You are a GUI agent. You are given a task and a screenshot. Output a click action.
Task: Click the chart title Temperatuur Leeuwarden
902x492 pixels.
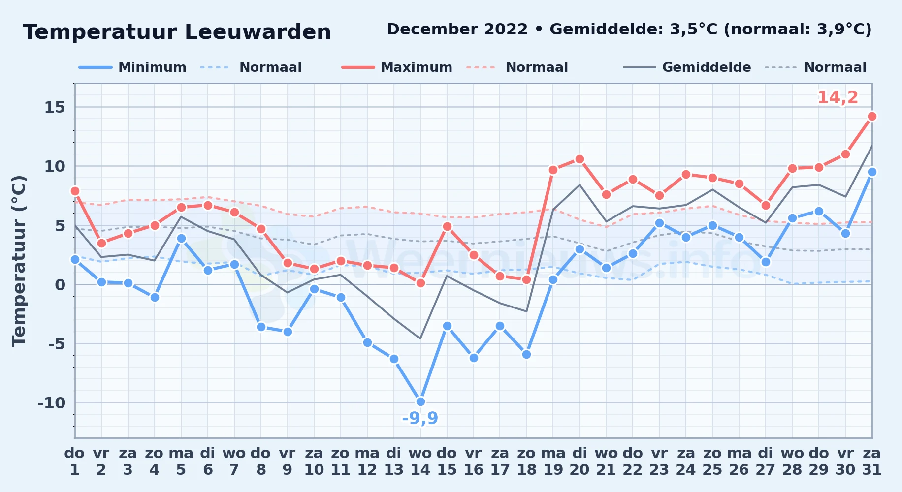[177, 32]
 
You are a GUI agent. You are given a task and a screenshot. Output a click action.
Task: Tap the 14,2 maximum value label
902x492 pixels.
[838, 97]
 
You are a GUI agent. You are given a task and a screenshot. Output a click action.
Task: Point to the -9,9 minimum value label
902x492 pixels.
[420, 418]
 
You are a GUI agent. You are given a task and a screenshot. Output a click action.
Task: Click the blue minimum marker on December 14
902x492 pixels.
[420, 401]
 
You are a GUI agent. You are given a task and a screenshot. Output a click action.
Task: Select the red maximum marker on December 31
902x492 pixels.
[872, 117]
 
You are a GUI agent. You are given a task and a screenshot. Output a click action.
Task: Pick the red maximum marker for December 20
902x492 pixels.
[580, 159]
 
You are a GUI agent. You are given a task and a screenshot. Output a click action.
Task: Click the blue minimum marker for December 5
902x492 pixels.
[181, 239]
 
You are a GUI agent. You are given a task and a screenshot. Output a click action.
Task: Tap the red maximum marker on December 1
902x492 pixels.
[75, 191]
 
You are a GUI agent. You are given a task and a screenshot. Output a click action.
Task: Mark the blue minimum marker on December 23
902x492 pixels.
[659, 223]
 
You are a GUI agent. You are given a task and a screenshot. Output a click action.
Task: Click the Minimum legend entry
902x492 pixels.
[132, 67]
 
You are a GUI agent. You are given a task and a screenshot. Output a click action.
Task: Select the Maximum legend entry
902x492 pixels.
[397, 67]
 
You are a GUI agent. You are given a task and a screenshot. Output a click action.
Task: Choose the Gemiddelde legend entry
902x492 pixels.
[687, 67]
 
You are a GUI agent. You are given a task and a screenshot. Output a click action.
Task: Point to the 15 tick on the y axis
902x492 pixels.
[55, 107]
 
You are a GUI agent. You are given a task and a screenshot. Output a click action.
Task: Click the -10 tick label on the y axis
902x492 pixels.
[52, 403]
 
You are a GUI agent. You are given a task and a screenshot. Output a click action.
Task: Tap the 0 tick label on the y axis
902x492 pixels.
[60, 284]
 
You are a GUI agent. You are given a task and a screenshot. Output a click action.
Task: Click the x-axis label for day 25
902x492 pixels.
[712, 461]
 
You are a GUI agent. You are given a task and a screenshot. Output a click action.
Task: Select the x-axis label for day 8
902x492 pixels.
[261, 461]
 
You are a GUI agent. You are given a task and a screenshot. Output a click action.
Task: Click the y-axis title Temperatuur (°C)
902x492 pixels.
[19, 261]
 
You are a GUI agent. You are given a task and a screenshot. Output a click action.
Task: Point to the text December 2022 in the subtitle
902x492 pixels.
[457, 30]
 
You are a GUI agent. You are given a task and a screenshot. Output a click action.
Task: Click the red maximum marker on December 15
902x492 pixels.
[447, 226]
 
